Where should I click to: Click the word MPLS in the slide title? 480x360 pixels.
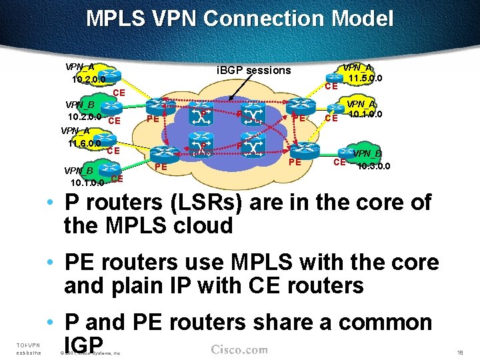(115, 18)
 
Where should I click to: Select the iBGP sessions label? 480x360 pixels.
(255, 70)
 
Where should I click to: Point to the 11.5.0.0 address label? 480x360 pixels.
(366, 79)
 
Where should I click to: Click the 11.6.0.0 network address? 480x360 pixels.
(85, 143)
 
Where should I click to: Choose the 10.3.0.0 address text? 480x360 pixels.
(374, 166)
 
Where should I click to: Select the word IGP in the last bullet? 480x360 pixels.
(83, 344)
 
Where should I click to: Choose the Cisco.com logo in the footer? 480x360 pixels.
(239, 349)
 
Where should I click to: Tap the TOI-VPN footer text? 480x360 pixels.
(27, 345)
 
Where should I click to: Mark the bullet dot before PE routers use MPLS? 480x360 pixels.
(51, 262)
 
